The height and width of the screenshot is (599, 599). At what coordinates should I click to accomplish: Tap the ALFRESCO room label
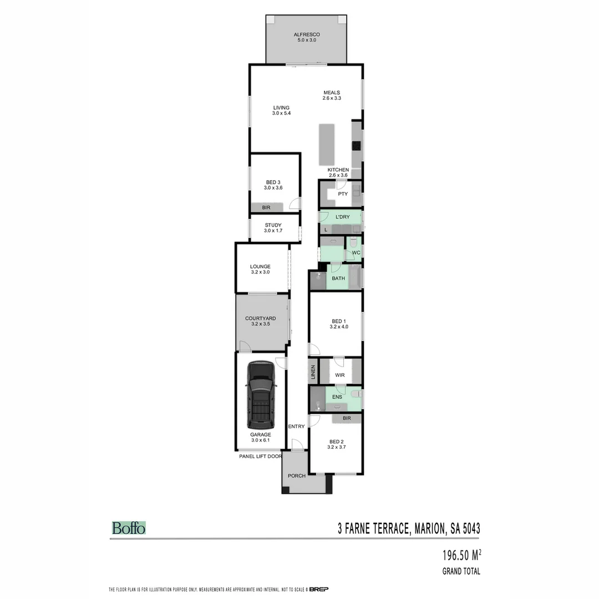pyautogui.click(x=307, y=35)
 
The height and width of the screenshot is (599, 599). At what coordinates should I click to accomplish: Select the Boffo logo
pyautogui.click(x=129, y=528)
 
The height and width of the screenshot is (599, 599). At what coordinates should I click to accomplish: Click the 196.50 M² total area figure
pyautogui.click(x=461, y=555)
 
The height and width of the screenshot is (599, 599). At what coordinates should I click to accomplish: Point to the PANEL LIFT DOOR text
pyautogui.click(x=260, y=456)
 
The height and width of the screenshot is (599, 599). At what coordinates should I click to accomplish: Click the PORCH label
pyautogui.click(x=296, y=476)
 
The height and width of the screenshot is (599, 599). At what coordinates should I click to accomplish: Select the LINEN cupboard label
pyautogui.click(x=313, y=372)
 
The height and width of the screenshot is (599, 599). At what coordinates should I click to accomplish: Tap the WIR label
pyautogui.click(x=339, y=375)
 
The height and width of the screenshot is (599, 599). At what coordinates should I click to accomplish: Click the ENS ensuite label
pyautogui.click(x=337, y=398)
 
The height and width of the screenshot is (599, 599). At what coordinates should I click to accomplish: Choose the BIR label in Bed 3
pyautogui.click(x=266, y=207)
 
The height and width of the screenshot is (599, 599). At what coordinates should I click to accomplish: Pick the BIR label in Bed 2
pyautogui.click(x=347, y=418)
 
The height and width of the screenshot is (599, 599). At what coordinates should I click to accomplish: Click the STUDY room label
pyautogui.click(x=273, y=225)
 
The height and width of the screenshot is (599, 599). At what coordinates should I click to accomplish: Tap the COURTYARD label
pyautogui.click(x=260, y=318)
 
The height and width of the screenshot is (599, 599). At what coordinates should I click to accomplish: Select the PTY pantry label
pyautogui.click(x=343, y=194)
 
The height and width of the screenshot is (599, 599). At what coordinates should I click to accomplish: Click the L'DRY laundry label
pyautogui.click(x=343, y=216)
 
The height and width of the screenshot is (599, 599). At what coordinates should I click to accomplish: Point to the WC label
pyautogui.click(x=356, y=253)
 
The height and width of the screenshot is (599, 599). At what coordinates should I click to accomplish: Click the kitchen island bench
pyautogui.click(x=327, y=144)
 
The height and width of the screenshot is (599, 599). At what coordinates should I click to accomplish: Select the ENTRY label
pyautogui.click(x=296, y=427)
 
